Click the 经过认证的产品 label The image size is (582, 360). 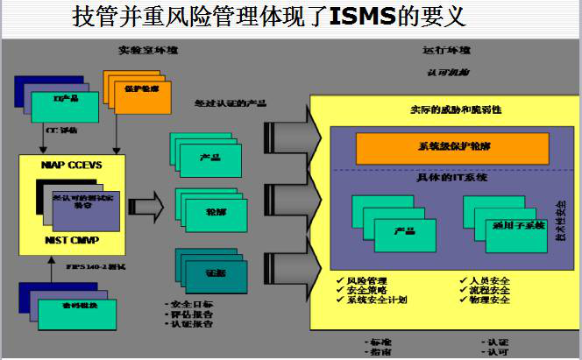231,102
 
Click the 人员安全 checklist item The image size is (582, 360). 488,280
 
